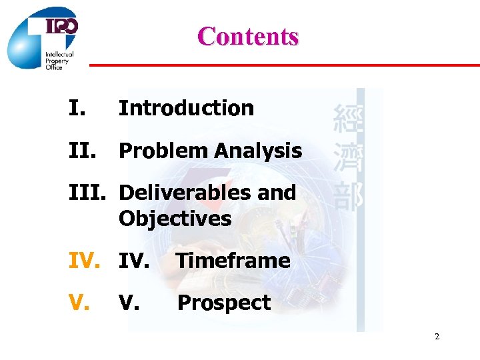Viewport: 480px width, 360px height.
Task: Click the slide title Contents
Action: click(x=248, y=36)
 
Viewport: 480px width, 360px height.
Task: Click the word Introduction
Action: click(x=186, y=108)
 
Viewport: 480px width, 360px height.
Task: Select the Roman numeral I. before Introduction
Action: click(x=77, y=108)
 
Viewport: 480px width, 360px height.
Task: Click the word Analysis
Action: click(x=258, y=151)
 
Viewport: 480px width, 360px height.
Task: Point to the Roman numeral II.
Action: click(x=83, y=151)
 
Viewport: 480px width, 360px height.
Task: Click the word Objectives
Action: click(x=175, y=219)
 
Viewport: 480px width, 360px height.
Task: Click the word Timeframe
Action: click(x=233, y=261)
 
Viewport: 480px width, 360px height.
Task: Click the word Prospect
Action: click(x=223, y=303)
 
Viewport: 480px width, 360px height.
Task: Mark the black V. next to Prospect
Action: click(x=128, y=303)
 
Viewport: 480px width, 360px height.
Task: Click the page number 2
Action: click(x=437, y=337)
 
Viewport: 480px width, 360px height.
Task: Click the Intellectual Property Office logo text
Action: click(x=59, y=61)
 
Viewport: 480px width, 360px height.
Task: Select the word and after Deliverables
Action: click(x=277, y=193)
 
